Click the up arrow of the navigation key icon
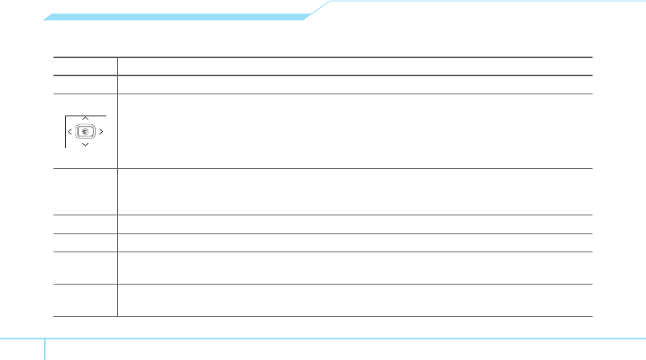85,118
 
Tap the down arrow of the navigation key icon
85,145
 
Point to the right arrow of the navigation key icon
101,131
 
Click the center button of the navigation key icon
86,131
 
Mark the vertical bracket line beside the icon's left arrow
65,131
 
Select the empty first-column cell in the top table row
85,66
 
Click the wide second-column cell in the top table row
354,66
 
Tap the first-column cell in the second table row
85,85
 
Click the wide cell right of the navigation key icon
354,131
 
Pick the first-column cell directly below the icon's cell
85,191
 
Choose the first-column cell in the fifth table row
85,223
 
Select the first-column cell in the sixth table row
85,242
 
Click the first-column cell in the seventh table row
85,267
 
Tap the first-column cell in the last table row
85,299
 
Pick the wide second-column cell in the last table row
354,299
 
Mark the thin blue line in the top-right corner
487,2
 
